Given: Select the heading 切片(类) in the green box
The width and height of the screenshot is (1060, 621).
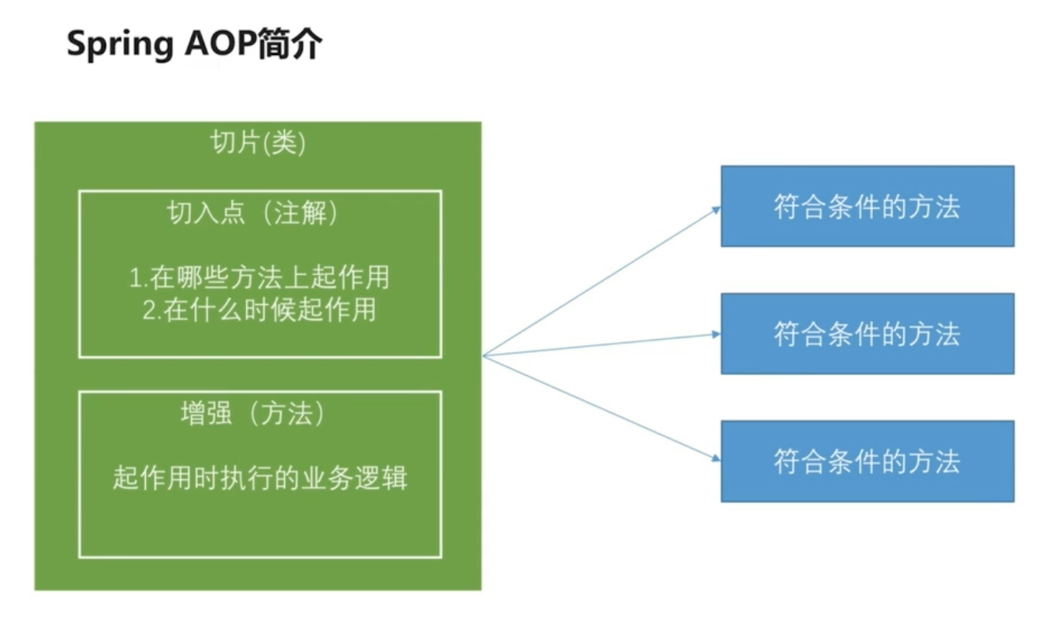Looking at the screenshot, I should pyautogui.click(x=258, y=144).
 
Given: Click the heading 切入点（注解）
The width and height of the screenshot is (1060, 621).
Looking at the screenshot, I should pyautogui.click(x=253, y=213).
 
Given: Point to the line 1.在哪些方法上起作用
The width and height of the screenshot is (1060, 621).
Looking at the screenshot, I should pyautogui.click(x=259, y=277).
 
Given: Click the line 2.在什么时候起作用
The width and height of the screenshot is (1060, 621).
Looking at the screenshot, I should pyautogui.click(x=259, y=310).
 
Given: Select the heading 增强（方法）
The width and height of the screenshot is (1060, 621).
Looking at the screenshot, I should pyautogui.click(x=253, y=415).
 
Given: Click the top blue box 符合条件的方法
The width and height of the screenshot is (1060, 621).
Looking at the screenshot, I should pyautogui.click(x=867, y=206).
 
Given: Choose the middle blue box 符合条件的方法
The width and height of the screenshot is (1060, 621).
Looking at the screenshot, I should pyautogui.click(x=867, y=334).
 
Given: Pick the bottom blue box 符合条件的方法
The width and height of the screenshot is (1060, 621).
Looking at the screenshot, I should pyautogui.click(x=867, y=461).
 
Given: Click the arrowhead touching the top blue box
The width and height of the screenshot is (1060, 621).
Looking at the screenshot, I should pyautogui.click(x=716, y=208).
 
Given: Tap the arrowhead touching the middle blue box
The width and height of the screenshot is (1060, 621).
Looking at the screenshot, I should pyautogui.click(x=716, y=335).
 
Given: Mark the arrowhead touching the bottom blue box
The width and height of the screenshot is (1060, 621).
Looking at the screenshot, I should pyautogui.click(x=716, y=458).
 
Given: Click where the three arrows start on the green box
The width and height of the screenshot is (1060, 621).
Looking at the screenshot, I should pyautogui.click(x=483, y=356).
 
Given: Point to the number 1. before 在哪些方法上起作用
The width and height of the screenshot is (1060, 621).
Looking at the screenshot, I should pyautogui.click(x=137, y=278).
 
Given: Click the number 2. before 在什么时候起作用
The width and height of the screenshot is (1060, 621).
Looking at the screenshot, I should pyautogui.click(x=151, y=310).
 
